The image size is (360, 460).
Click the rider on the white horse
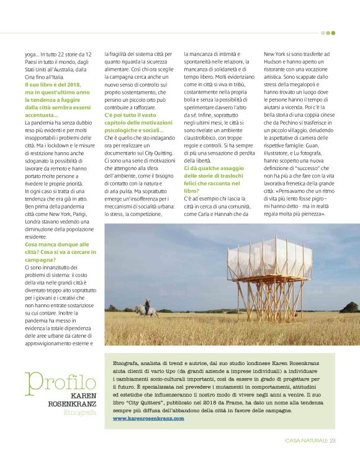pyautogui.click(x=147, y=304)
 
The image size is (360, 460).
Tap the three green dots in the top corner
pyautogui.click(x=328, y=33)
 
